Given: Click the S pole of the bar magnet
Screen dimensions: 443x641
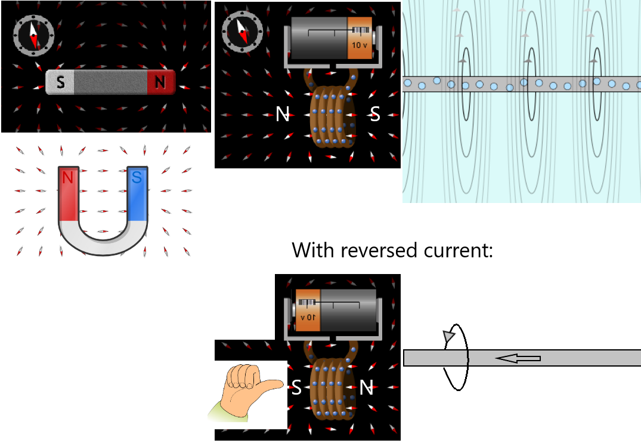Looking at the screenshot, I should click(60, 82).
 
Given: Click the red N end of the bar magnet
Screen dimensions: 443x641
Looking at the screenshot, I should click(160, 82).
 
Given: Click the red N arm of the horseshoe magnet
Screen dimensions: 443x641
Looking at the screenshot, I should click(68, 192).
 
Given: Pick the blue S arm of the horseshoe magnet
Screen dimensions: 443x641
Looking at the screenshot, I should click(137, 192).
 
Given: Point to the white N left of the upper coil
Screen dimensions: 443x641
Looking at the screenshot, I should click(283, 114).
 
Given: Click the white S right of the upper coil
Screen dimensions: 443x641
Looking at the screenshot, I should click(375, 114).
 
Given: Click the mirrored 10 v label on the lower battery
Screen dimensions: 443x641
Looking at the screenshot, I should click(308, 316).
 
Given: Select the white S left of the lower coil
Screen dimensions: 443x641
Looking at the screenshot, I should click(296, 388).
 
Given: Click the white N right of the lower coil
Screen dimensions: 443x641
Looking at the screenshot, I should click(366, 388).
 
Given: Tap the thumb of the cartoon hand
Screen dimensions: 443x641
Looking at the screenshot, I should click(271, 384).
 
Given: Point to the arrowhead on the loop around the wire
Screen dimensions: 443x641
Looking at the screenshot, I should click(448, 337).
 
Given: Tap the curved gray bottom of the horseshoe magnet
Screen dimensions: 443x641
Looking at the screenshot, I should click(102, 241).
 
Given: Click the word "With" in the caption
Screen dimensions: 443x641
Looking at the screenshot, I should click(313, 250).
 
